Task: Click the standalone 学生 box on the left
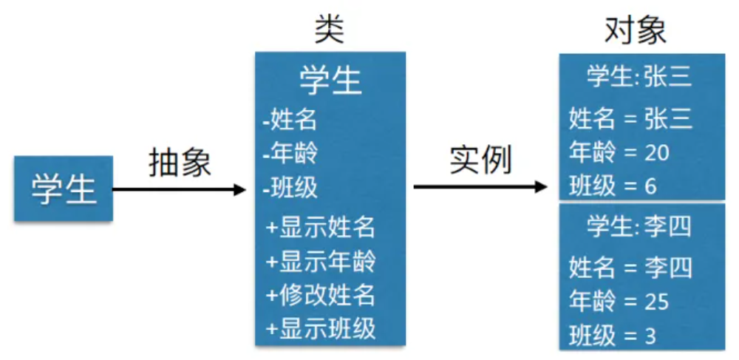(x=64, y=189)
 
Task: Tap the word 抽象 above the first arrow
(x=180, y=162)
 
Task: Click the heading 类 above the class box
(x=330, y=31)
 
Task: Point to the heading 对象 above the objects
(x=636, y=31)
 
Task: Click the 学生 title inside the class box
(x=330, y=79)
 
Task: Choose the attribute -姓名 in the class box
(x=289, y=118)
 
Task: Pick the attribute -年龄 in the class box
(x=289, y=152)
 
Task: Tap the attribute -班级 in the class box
(x=289, y=187)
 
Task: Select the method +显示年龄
(x=321, y=260)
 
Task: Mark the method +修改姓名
(x=321, y=294)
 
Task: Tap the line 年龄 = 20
(x=619, y=152)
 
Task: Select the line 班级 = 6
(x=613, y=186)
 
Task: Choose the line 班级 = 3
(x=613, y=336)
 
